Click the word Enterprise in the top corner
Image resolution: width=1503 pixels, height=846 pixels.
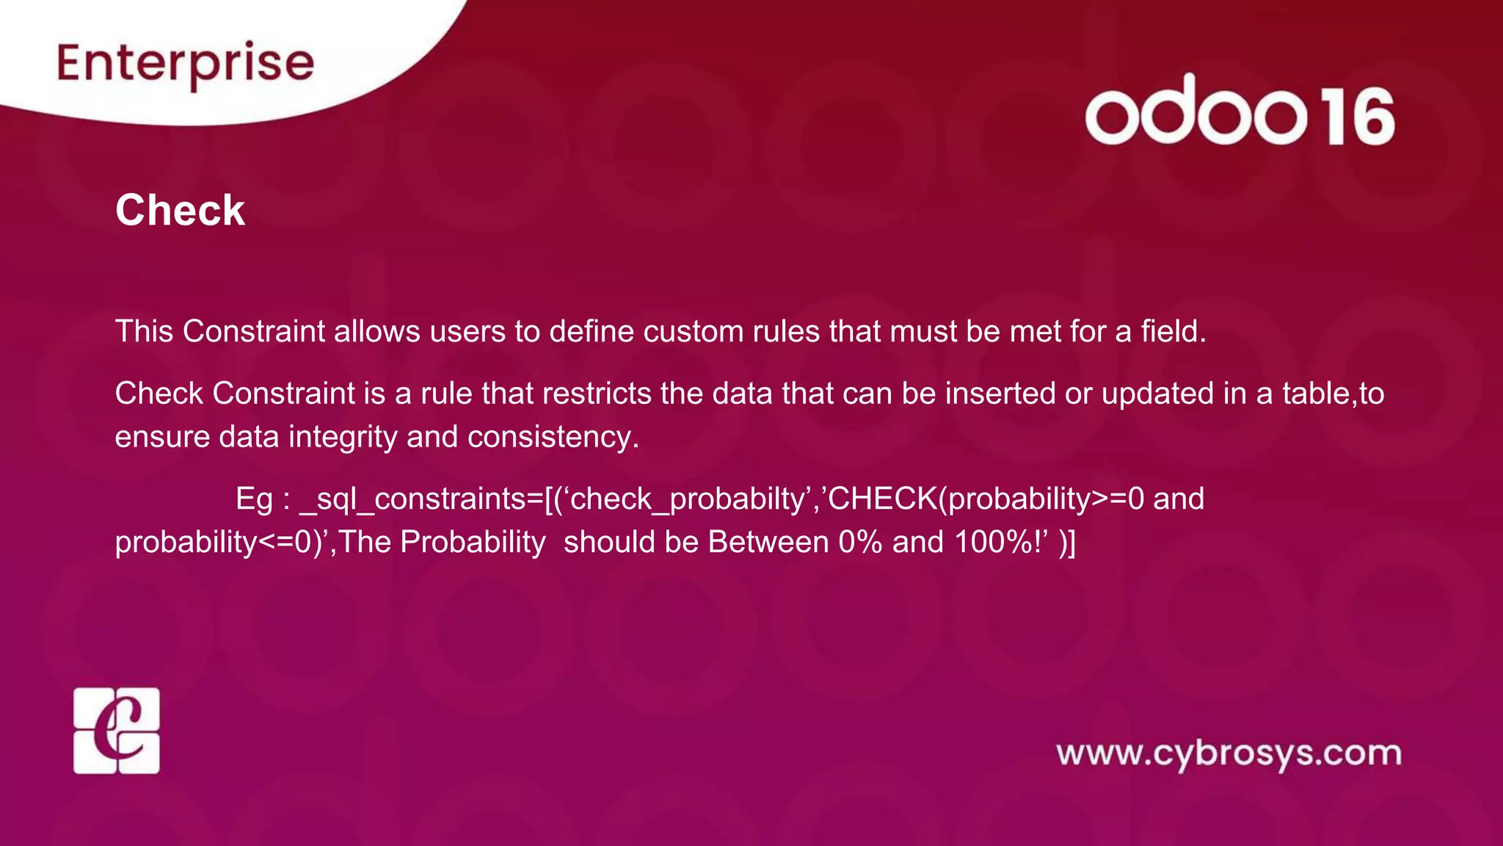point(185,64)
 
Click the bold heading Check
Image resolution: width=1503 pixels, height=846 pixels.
point(180,211)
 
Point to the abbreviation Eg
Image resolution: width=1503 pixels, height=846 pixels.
point(254,499)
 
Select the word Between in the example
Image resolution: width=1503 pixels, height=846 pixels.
point(768,542)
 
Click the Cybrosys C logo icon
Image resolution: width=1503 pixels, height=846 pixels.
point(117,731)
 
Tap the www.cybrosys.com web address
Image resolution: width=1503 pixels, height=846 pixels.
point(1229,754)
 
